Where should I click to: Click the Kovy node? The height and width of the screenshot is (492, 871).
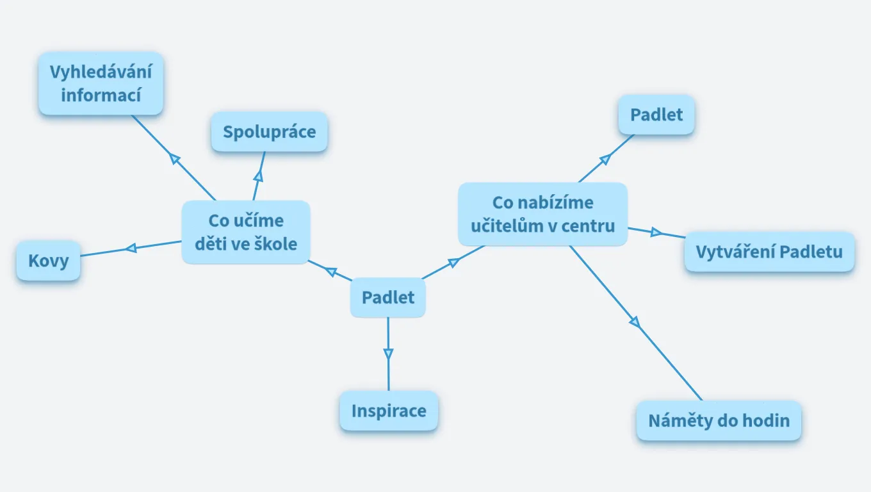(x=48, y=260)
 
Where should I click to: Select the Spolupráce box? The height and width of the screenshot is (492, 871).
(x=269, y=131)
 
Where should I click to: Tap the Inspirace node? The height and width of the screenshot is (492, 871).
(x=389, y=411)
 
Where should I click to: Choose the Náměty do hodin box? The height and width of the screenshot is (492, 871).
(x=719, y=420)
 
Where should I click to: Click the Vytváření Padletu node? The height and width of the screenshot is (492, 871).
(x=769, y=252)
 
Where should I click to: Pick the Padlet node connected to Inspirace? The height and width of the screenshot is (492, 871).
(x=387, y=297)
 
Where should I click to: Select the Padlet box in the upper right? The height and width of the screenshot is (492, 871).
(x=656, y=115)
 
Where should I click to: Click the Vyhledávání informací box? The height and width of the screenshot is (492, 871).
(x=101, y=83)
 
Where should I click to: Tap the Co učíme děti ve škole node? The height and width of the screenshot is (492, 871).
(x=246, y=232)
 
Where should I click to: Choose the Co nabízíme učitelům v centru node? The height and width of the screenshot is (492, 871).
(x=543, y=214)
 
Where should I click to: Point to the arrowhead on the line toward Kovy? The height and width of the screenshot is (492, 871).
(x=131, y=248)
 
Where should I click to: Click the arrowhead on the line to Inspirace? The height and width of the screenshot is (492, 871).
(x=388, y=354)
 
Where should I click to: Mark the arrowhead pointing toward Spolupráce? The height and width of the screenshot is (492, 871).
(x=259, y=176)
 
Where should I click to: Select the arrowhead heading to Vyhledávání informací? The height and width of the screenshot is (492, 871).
(x=175, y=159)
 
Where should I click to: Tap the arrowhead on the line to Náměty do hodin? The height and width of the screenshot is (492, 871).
(x=635, y=322)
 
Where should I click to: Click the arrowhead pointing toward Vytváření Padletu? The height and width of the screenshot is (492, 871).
(x=656, y=233)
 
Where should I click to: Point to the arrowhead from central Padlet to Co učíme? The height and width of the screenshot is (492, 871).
(x=330, y=271)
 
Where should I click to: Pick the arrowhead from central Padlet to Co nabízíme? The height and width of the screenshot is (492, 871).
(x=454, y=263)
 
